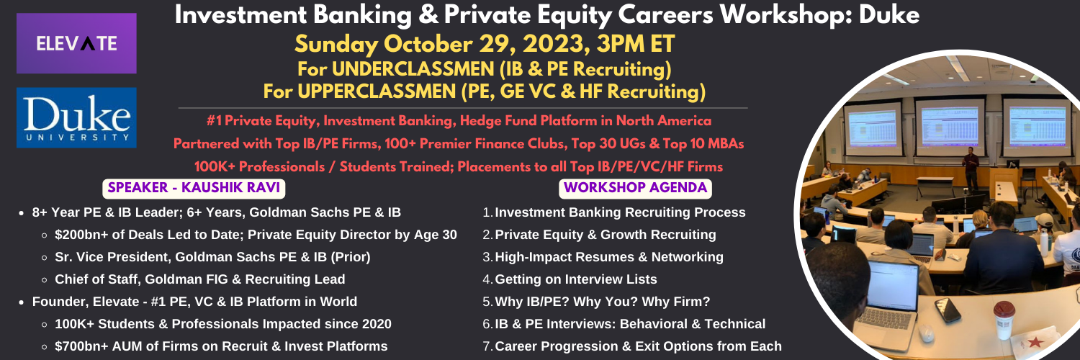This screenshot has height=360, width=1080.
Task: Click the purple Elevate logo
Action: (76, 43)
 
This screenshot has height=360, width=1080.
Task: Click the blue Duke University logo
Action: (76, 117)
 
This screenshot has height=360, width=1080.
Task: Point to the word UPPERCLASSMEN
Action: (377, 91)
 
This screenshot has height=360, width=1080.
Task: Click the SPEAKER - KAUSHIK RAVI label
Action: (194, 188)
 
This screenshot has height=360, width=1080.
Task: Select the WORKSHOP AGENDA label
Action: (635, 188)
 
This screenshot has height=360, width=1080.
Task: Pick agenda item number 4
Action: (570, 279)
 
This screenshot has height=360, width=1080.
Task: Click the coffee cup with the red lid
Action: (1004, 320)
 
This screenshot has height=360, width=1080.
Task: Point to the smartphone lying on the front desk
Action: (948, 310)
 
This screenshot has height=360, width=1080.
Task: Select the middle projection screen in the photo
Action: (950, 127)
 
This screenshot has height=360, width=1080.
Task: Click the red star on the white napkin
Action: (1035, 343)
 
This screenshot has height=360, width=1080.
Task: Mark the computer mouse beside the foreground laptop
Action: (925, 333)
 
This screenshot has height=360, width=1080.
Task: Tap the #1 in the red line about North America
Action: (214, 121)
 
